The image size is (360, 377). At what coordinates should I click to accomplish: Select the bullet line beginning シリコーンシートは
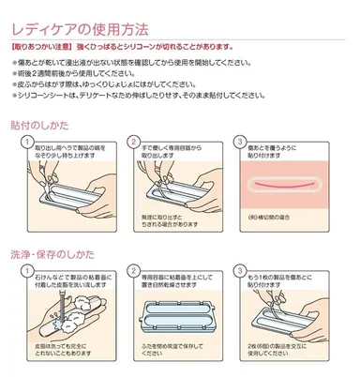tap(150, 94)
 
